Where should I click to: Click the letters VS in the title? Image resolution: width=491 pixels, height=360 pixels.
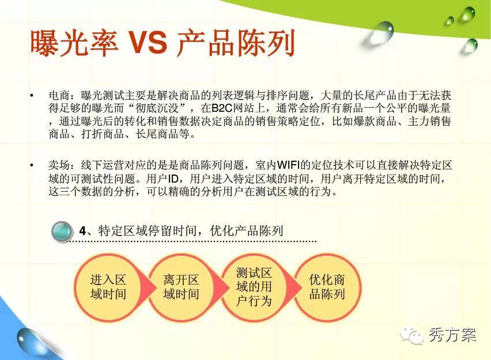[148, 43]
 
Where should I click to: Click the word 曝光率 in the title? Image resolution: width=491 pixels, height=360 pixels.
[74, 43]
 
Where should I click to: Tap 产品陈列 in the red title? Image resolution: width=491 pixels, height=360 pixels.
[236, 43]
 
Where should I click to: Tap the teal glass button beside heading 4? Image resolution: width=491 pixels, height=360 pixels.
[62, 232]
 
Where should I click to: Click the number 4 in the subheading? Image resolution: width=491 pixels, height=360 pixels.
[82, 231]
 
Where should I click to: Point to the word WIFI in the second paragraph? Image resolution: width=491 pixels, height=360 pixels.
[288, 165]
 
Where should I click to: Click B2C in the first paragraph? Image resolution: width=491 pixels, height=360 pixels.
[222, 108]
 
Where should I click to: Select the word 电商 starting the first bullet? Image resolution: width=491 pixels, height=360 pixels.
[59, 95]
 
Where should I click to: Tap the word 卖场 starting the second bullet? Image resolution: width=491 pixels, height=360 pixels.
[59, 165]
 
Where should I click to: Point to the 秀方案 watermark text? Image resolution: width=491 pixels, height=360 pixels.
[452, 335]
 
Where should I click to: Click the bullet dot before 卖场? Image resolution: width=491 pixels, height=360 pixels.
[32, 165]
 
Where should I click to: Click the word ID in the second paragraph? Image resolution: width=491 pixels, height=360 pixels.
[173, 179]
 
